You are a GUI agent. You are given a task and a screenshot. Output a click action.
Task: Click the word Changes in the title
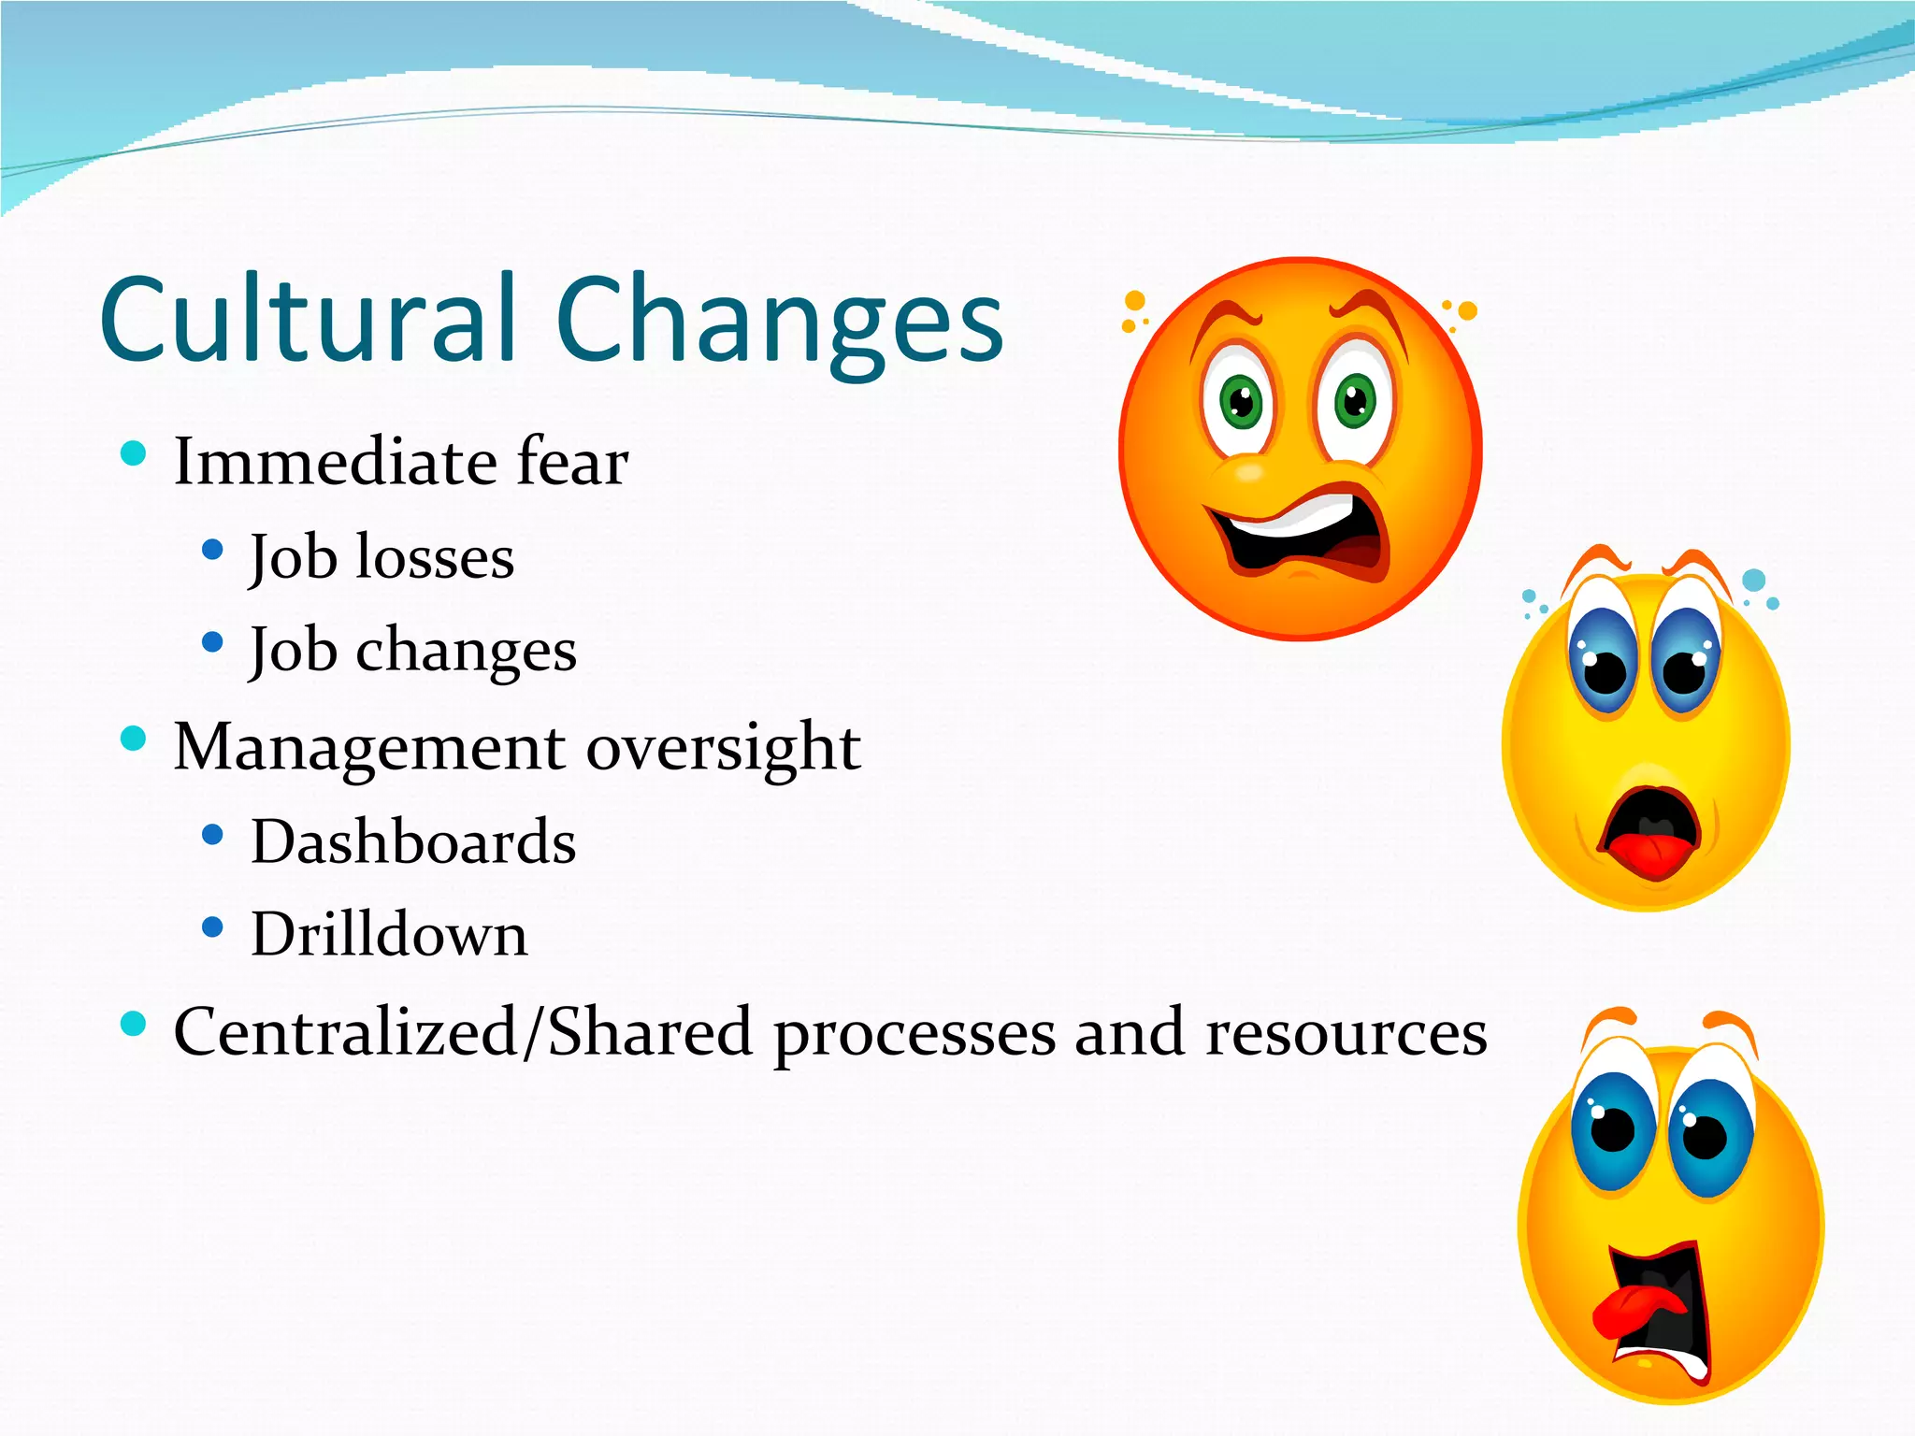coord(779,323)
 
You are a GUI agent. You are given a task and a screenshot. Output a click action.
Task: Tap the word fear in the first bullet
coord(572,462)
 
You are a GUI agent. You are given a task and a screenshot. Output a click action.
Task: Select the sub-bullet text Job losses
coord(382,557)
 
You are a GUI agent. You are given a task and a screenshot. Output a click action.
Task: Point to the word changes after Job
coord(466,651)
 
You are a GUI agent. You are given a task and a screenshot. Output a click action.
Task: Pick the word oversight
coord(723,748)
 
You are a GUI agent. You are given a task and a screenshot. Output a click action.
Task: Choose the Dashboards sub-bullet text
coord(413,841)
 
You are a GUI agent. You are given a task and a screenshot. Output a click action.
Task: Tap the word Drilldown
coord(389,935)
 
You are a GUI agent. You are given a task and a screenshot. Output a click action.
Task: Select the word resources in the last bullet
coord(1346,1034)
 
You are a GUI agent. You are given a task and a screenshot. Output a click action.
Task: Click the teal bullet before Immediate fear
coord(134,453)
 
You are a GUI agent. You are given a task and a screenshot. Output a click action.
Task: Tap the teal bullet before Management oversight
coord(134,739)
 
